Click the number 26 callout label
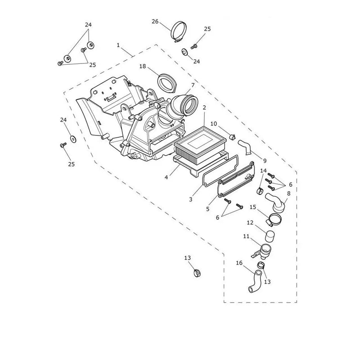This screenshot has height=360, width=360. click(155, 21)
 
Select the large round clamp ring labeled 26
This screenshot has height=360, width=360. click(173, 31)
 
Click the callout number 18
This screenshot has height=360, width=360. click(143, 66)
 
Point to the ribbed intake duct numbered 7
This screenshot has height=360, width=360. click(181, 108)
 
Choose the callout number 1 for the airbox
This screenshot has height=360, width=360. click(118, 45)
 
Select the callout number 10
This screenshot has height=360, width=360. click(213, 124)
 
